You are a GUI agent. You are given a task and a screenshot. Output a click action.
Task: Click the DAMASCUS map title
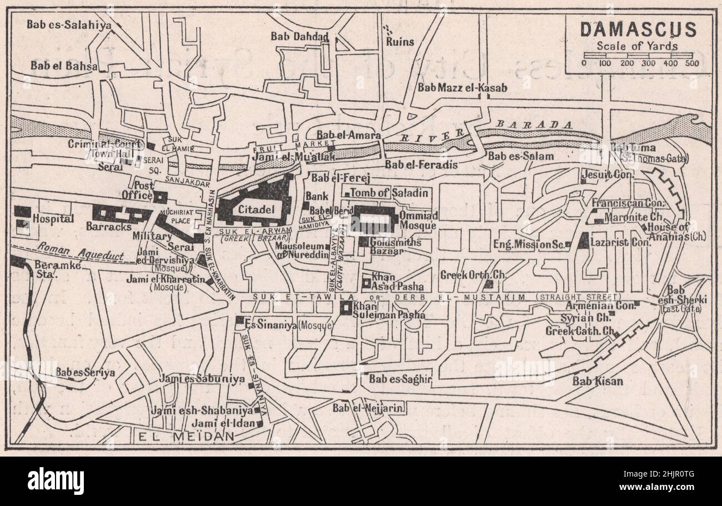coord(638,29)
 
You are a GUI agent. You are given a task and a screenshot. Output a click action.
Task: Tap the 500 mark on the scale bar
coord(691,63)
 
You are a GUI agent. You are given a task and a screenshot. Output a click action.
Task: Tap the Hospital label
coord(53,219)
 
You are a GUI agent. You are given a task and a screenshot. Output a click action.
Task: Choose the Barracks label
coord(109,226)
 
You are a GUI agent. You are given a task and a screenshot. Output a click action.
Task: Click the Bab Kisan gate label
coord(598,381)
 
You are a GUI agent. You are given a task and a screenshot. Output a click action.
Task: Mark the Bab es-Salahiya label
coord(69,24)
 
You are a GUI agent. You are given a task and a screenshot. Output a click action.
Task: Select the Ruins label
coord(400,42)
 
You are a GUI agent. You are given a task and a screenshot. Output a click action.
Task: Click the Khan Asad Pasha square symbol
coord(367,283)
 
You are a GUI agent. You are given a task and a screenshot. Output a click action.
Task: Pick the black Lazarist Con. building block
coord(583,241)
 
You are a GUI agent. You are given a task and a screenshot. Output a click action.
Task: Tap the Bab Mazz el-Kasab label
coord(462,87)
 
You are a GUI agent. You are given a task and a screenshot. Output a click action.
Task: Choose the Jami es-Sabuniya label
coord(202,379)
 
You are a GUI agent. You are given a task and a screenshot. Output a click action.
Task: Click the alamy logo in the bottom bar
coord(56,480)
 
